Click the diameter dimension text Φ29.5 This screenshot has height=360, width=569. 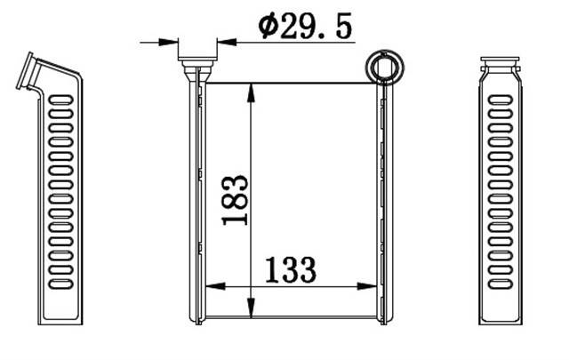point(305,27)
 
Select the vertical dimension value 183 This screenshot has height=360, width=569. point(235,200)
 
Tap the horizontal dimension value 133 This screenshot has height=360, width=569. point(291,269)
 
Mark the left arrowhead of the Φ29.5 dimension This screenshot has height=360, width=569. point(172,41)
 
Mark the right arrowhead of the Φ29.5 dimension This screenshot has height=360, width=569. point(223,41)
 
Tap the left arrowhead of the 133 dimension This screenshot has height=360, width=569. point(212,286)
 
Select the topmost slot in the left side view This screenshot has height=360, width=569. point(60,100)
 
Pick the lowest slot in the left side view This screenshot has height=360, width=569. point(60,284)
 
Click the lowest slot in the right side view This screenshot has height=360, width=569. point(501,284)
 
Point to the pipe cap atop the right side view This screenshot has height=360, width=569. point(500,64)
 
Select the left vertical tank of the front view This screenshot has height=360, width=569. point(196,200)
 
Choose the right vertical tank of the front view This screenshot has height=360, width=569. point(383,200)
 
